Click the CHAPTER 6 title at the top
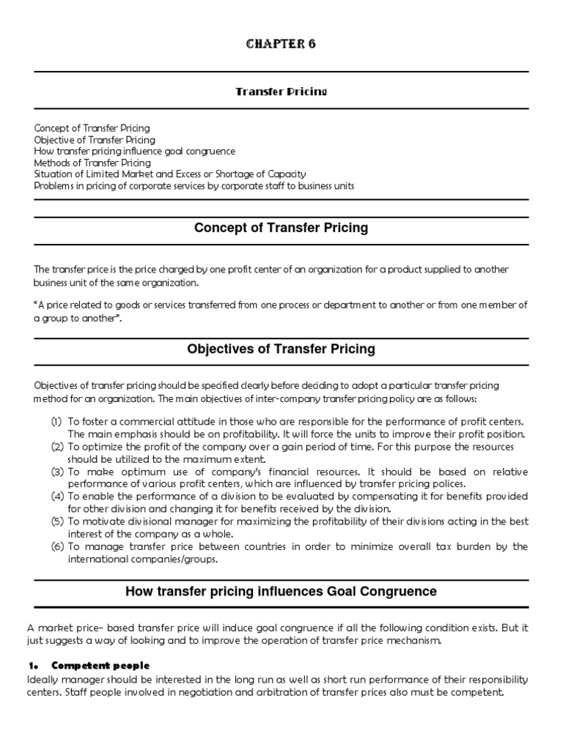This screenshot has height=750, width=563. (x=281, y=45)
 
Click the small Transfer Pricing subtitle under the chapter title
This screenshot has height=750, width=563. (x=281, y=92)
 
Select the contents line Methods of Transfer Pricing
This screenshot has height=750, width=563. (x=92, y=163)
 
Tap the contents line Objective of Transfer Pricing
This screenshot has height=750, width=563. (x=95, y=139)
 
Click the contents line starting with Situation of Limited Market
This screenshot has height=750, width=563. (x=170, y=174)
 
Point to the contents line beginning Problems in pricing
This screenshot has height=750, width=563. (x=194, y=185)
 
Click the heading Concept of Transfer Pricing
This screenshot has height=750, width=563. (x=281, y=228)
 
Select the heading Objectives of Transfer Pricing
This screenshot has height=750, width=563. (x=281, y=349)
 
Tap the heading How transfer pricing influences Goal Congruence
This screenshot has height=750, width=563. (x=281, y=590)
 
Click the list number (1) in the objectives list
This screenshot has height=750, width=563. (x=56, y=423)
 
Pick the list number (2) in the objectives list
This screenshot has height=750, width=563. (x=56, y=447)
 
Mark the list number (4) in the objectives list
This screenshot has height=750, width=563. (x=56, y=497)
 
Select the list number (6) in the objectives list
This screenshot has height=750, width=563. (x=56, y=546)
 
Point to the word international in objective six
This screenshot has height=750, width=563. (x=96, y=559)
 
